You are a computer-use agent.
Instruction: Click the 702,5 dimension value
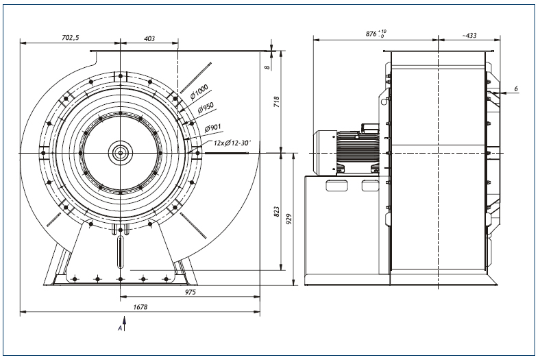tap(71, 38)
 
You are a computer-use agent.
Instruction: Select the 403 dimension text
tap(149, 38)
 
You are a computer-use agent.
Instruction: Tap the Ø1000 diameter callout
tap(199, 92)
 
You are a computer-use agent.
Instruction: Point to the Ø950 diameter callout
tap(206, 108)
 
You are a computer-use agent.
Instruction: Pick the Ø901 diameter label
tap(212, 128)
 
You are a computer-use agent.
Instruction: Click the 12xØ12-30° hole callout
tap(232, 142)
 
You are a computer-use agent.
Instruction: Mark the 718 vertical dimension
tap(276, 101)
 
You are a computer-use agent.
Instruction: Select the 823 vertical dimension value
tap(276, 211)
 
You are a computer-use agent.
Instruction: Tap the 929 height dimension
tap(289, 219)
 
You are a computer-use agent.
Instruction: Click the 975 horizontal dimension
tap(190, 292)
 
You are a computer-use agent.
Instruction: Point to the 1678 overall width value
tap(140, 307)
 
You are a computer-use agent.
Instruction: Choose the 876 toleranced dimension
tap(376, 34)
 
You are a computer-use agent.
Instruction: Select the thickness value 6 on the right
tap(516, 89)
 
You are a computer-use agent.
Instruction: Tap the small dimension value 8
tap(267, 67)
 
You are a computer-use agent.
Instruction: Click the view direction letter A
tap(120, 328)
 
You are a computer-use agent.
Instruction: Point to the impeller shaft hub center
tap(120, 153)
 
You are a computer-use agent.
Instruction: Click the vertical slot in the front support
tap(120, 252)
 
